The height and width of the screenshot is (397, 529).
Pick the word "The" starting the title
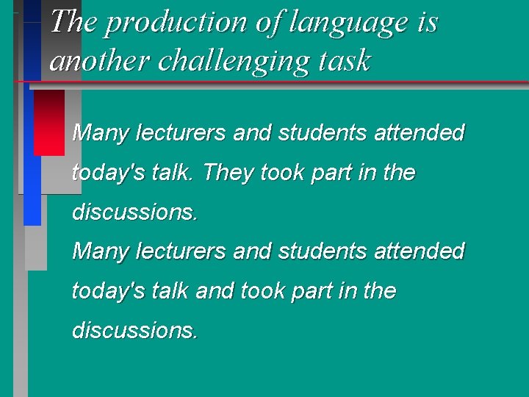[x=73, y=22]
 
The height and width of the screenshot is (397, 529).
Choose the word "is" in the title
[x=426, y=22]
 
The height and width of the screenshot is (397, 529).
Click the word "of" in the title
[x=269, y=22]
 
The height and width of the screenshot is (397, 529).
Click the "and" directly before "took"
[x=214, y=291]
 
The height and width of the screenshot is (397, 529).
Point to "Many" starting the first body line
[x=101, y=133]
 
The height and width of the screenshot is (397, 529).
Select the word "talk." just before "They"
[x=174, y=173]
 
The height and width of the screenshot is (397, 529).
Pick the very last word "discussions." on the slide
[x=135, y=331]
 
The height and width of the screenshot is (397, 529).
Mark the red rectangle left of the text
[x=49, y=122]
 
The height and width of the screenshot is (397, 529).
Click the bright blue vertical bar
[x=32, y=191]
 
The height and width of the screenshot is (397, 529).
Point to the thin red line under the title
[x=294, y=82]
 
